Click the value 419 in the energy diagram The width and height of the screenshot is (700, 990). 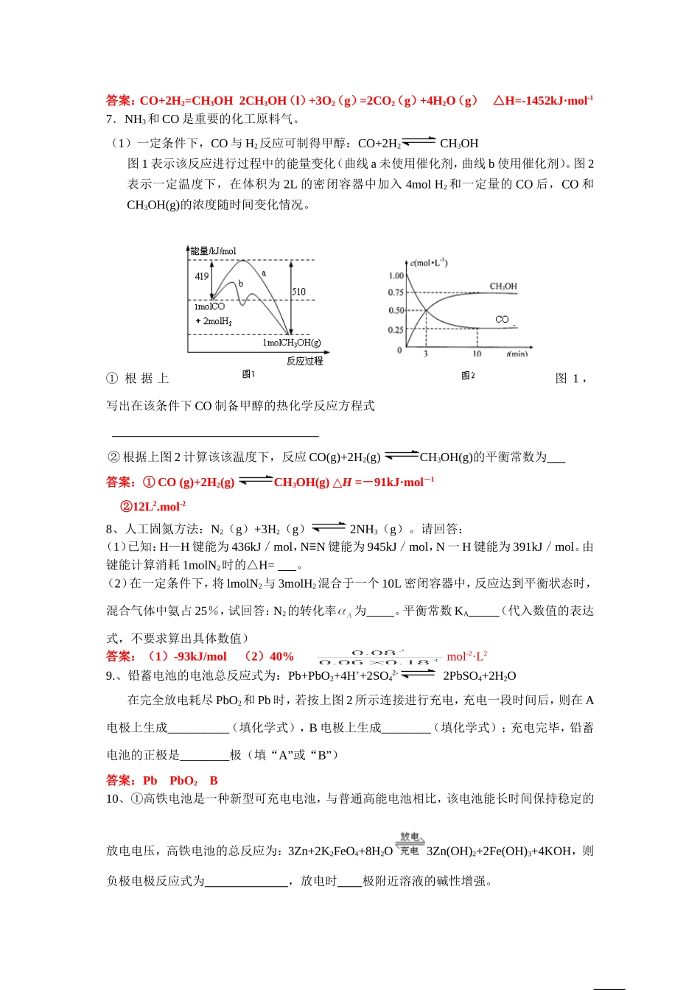click(x=202, y=276)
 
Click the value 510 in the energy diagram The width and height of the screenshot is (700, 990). click(x=298, y=292)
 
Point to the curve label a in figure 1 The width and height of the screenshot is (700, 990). click(x=264, y=273)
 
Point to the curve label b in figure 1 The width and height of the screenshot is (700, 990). click(x=240, y=284)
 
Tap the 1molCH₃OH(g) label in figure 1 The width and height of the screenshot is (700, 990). click(x=292, y=343)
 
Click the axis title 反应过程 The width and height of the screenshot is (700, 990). click(x=304, y=360)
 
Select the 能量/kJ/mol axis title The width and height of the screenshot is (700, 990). click(x=214, y=251)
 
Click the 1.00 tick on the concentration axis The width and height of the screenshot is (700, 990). click(x=396, y=275)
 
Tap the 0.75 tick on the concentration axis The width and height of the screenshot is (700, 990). click(x=396, y=292)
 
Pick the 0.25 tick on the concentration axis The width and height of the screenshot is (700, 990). click(x=396, y=330)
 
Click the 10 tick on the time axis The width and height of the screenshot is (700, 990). click(x=477, y=354)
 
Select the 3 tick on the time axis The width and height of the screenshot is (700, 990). click(x=426, y=354)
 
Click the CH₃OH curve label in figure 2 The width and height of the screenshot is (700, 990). click(x=503, y=286)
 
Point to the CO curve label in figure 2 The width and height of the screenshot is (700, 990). click(x=502, y=320)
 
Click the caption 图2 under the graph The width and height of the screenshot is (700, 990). click(x=468, y=376)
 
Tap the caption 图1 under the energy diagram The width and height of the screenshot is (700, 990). click(x=248, y=374)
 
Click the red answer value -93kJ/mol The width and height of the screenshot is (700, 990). click(x=200, y=656)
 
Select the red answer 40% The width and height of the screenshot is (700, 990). click(x=280, y=656)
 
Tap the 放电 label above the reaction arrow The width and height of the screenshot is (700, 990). click(x=410, y=837)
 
